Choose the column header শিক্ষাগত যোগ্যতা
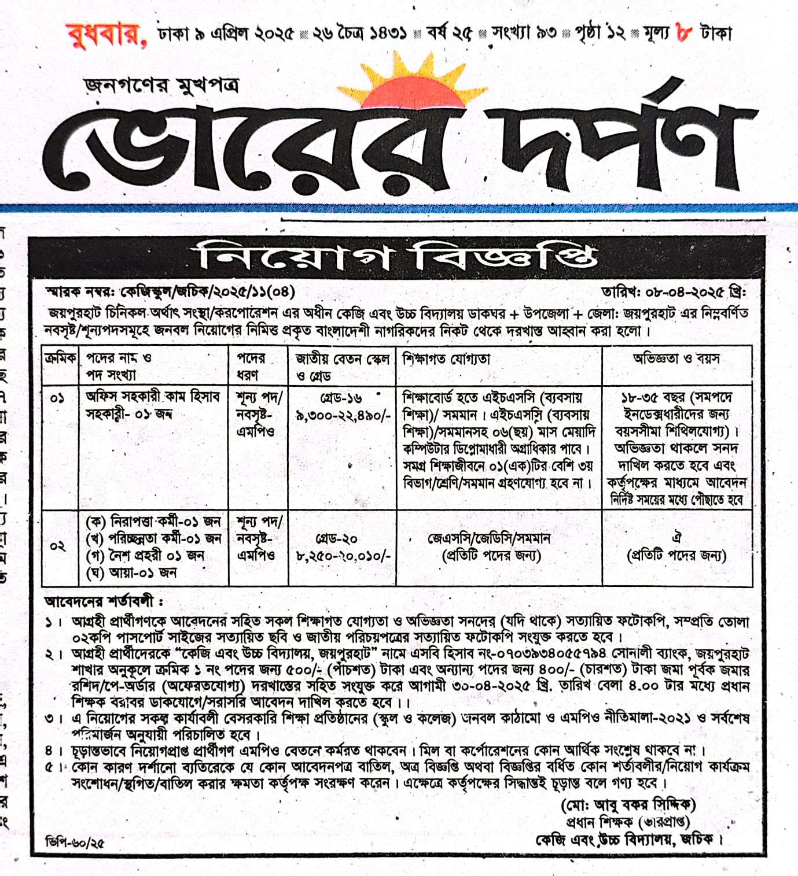tap(446, 359)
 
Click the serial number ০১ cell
tap(57, 398)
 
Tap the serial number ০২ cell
tap(58, 546)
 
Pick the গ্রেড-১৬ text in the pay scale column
tap(341, 398)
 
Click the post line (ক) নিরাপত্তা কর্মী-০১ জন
tap(153, 522)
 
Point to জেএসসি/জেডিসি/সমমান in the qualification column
tap(489, 538)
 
